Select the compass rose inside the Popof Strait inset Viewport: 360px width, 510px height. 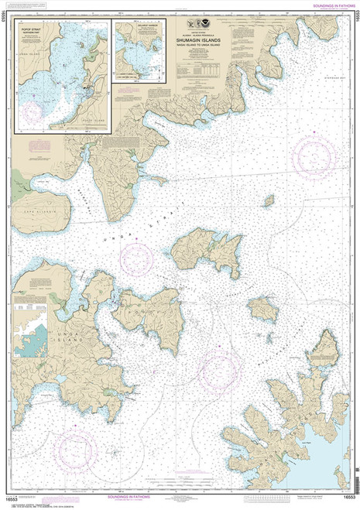click(33, 111)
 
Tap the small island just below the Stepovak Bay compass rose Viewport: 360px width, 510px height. click(269, 200)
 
